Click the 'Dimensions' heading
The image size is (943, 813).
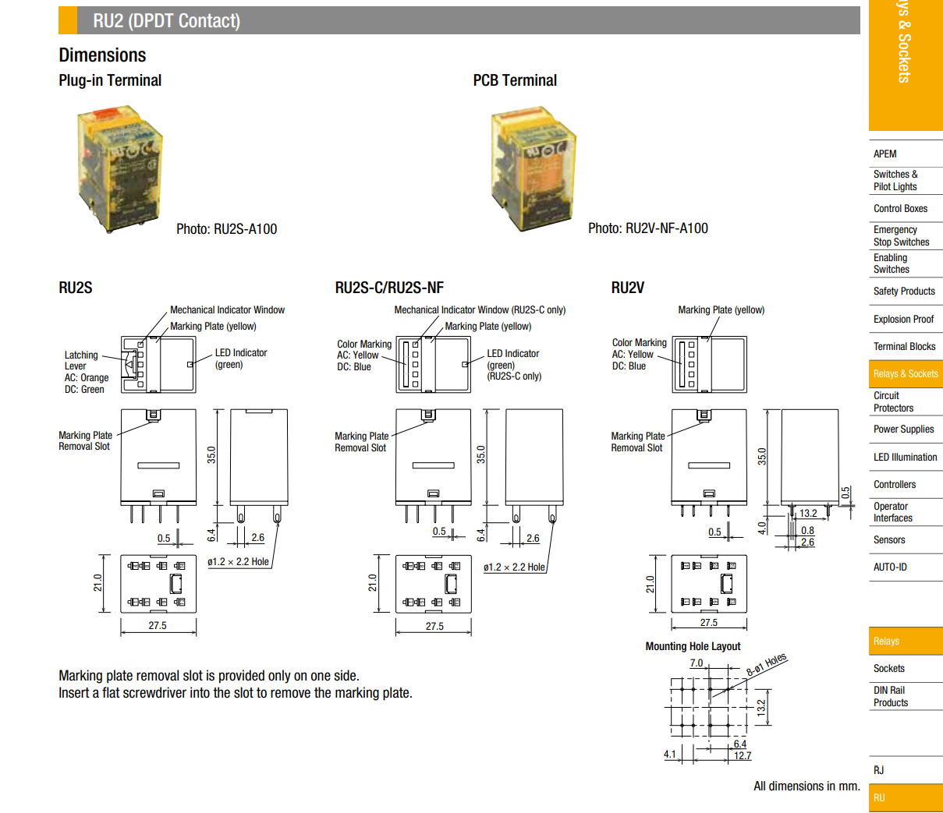[102, 55]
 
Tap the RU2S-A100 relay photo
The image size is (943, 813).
[119, 168]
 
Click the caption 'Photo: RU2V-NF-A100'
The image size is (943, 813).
[647, 228]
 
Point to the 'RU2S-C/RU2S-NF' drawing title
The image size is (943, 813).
[389, 288]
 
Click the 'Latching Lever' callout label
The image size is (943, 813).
[81, 360]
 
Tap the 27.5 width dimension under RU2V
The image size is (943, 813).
[708, 622]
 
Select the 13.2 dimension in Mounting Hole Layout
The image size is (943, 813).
[761, 707]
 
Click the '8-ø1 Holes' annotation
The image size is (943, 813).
[767, 665]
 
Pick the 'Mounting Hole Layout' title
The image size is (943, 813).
[693, 646]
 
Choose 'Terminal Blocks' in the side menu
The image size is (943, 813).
[904, 346]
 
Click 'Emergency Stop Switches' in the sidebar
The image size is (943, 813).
[901, 235]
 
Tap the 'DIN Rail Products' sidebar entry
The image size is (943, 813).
[891, 696]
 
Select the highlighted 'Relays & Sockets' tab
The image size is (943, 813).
[905, 374]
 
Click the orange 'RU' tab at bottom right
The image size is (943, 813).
[905, 797]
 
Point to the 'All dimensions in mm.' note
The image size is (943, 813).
[807, 786]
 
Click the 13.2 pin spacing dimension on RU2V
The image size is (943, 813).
[808, 513]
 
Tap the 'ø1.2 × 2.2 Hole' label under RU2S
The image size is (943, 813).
[238, 561]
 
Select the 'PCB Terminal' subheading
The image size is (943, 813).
[515, 80]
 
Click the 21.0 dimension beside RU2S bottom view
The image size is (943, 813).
[98, 582]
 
